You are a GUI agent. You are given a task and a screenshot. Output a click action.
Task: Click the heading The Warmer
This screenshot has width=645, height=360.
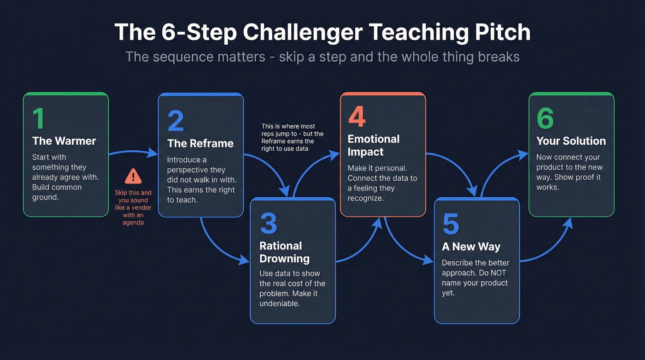click(64, 141)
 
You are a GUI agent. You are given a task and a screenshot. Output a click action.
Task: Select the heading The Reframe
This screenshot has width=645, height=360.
click(200, 143)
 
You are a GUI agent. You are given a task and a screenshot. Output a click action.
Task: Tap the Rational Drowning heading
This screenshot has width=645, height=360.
click(284, 252)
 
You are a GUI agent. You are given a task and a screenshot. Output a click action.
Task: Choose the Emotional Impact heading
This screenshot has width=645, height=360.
click(374, 145)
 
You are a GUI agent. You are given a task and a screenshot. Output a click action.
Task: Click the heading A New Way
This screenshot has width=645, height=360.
click(471, 247)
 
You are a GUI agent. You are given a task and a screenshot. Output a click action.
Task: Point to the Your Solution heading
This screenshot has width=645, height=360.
click(571, 141)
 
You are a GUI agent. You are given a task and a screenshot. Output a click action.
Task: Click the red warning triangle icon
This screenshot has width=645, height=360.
click(133, 176)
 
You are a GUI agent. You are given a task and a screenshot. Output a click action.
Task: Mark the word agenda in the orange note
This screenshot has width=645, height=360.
click(133, 222)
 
